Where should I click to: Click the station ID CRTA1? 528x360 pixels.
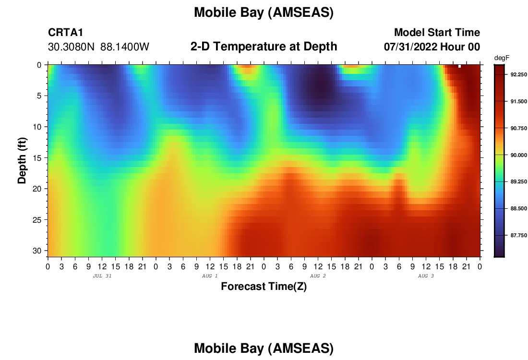tap(65, 33)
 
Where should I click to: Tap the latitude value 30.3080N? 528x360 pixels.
tap(71, 47)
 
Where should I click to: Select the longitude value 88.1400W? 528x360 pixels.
tap(125, 47)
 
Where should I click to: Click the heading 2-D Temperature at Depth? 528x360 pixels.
tap(264, 47)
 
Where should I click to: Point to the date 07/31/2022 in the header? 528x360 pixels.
tap(410, 47)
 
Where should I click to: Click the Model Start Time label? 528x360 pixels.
tap(437, 33)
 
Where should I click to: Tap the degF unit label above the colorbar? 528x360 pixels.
tap(502, 58)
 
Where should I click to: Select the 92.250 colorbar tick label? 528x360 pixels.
tap(518, 74)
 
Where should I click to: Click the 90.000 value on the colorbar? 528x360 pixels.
tap(518, 155)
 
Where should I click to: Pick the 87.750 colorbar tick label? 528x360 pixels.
tap(518, 235)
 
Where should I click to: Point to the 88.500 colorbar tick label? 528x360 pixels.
tap(518, 209)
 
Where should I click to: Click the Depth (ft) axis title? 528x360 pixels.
tap(22, 160)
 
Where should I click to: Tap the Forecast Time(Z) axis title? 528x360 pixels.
tap(264, 287)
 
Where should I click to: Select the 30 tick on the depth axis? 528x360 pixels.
tap(37, 251)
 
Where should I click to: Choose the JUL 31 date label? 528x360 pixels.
tap(102, 276)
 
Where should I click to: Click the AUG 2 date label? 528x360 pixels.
tap(318, 276)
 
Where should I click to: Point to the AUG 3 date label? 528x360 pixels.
tap(426, 276)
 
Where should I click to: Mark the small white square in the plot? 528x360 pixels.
tap(460, 66)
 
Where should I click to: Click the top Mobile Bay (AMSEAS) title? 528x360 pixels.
tap(264, 13)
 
